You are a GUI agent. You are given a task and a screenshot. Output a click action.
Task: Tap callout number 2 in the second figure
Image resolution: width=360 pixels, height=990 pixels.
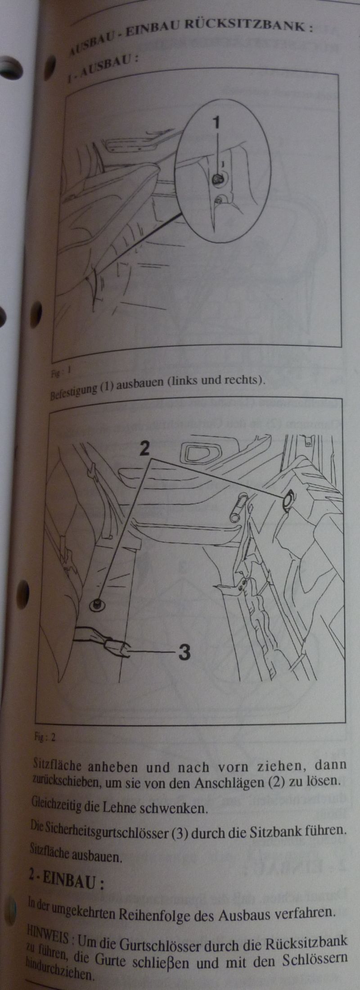pyautogui.click(x=144, y=448)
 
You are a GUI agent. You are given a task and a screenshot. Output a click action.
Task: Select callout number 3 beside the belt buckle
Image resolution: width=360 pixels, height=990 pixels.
pyautogui.click(x=184, y=652)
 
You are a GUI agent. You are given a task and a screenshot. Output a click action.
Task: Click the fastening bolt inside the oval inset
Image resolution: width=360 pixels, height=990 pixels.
pyautogui.click(x=218, y=179)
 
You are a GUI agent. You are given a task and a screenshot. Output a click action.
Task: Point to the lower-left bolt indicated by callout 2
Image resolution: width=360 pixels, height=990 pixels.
pyautogui.click(x=95, y=605)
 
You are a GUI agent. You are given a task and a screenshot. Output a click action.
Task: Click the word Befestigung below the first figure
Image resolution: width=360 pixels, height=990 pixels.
pyautogui.click(x=72, y=390)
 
